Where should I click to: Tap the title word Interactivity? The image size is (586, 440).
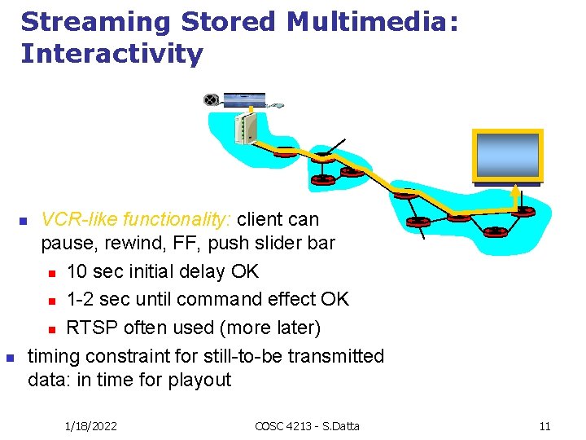(x=112, y=54)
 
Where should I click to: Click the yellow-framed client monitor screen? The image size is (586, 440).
(x=507, y=155)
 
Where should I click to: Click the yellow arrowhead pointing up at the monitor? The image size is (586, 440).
(x=514, y=192)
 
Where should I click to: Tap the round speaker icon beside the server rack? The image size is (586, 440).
(x=212, y=100)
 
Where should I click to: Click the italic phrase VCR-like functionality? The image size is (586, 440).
(x=137, y=219)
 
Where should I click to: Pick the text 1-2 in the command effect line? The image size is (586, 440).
(x=80, y=299)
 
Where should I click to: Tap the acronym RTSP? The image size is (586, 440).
(x=90, y=328)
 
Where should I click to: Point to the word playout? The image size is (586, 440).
(x=200, y=380)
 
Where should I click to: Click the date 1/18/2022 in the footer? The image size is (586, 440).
(x=91, y=425)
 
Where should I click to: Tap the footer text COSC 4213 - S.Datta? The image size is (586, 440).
(x=306, y=425)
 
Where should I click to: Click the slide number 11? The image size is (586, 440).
(x=545, y=425)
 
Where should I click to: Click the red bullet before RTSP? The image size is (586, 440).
(x=50, y=329)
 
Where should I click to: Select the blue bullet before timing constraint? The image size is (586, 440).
(x=10, y=358)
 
